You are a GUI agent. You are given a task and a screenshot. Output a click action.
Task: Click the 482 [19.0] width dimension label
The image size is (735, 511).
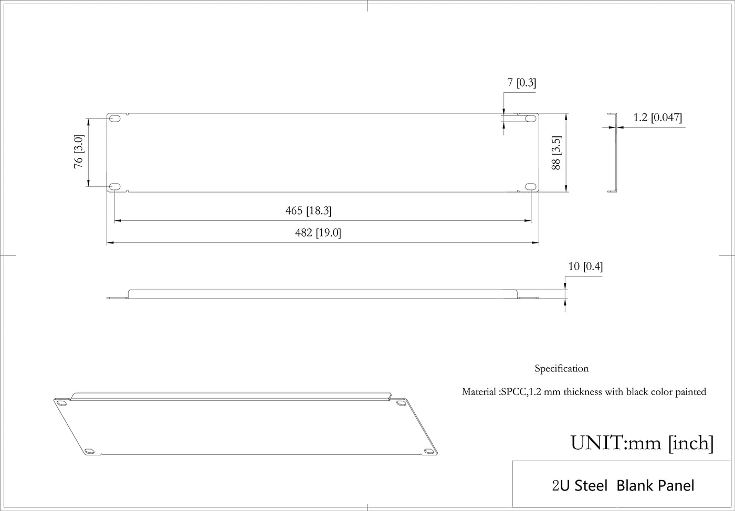click(318, 233)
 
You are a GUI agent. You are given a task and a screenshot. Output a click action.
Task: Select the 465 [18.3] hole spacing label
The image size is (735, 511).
click(309, 210)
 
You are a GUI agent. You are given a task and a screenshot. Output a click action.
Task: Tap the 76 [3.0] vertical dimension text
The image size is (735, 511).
click(79, 151)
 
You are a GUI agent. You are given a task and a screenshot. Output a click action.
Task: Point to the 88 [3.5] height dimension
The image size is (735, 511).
click(556, 153)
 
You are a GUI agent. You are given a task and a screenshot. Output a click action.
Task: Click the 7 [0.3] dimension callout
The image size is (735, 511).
click(522, 83)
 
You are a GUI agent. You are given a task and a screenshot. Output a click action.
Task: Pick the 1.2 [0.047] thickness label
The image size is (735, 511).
click(657, 118)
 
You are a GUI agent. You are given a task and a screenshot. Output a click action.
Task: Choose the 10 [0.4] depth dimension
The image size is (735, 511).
click(586, 267)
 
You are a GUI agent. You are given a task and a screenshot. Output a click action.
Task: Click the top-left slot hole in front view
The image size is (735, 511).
click(114, 118)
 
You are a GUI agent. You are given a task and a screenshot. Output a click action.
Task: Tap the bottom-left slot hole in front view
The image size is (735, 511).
click(114, 187)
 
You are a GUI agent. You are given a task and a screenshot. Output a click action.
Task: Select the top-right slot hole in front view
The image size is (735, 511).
click(531, 118)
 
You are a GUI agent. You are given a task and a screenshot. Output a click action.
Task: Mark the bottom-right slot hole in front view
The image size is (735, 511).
click(531, 187)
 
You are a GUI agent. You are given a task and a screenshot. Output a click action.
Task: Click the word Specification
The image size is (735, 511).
click(562, 369)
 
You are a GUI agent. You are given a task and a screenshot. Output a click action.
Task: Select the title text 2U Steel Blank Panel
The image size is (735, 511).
click(623, 486)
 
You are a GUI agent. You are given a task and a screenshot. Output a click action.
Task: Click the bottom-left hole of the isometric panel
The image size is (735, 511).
click(89, 451)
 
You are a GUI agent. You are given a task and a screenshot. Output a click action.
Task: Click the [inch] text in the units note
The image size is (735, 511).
click(691, 443)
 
